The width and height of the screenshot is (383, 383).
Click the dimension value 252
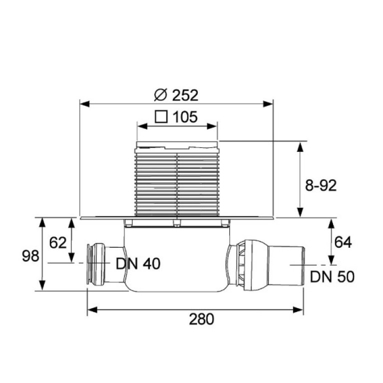(185, 95)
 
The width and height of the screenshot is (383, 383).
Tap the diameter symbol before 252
(160, 95)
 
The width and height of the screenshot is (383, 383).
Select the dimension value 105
(185, 117)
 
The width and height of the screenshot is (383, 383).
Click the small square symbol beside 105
(161, 117)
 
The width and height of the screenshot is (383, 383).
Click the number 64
(343, 242)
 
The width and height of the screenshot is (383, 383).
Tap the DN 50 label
(332, 277)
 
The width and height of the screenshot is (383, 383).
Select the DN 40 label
(138, 264)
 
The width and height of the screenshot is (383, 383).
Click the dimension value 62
(58, 243)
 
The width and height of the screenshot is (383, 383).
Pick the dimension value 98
(30, 256)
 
